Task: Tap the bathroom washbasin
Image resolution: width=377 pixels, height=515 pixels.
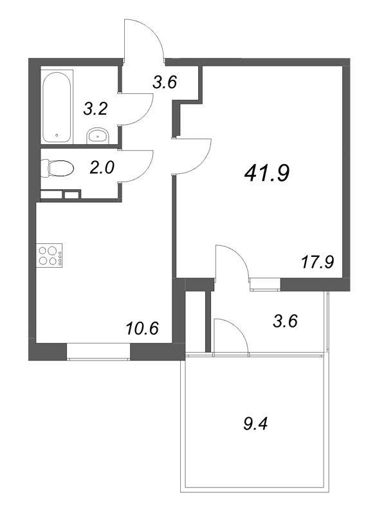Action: [97, 135]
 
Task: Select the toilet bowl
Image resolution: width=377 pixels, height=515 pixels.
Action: [58, 169]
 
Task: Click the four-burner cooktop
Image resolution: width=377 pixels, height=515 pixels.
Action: [48, 255]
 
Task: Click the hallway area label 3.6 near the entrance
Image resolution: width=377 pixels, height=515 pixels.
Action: [164, 82]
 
